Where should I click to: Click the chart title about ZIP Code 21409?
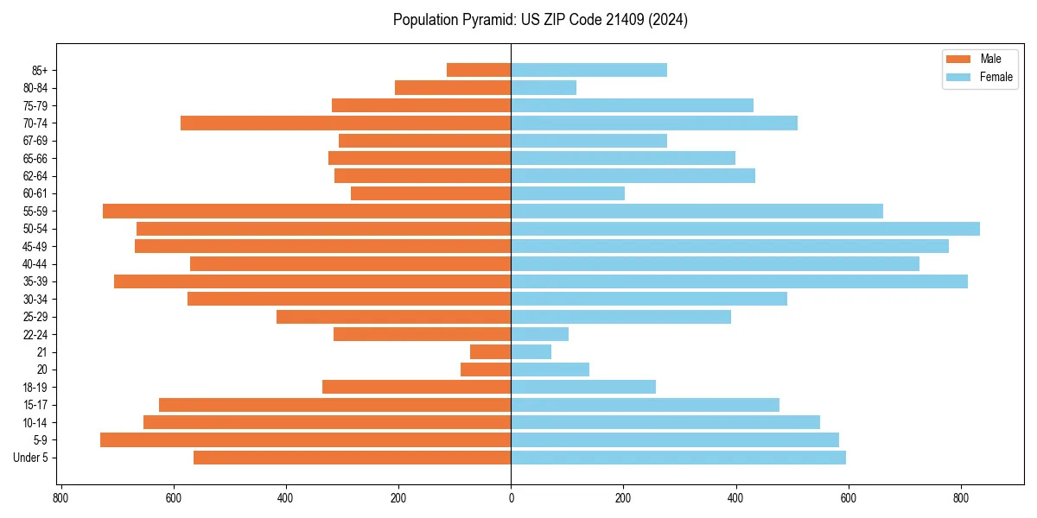[540, 20]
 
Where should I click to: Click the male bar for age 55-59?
[307, 211]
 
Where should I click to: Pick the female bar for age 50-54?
[745, 229]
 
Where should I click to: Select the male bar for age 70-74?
[346, 123]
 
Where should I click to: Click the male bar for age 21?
[490, 351]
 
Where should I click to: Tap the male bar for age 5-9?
[305, 439]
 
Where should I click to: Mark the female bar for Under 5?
[678, 458]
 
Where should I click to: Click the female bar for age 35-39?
[739, 281]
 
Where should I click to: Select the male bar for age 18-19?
[417, 387]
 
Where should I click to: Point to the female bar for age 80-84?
[544, 87]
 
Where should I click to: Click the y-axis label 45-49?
[35, 246]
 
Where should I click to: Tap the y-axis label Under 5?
[31, 458]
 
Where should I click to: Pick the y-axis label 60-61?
[35, 193]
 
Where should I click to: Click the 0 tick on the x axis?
[511, 498]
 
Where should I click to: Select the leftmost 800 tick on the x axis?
[60, 498]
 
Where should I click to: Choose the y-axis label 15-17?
[35, 405]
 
